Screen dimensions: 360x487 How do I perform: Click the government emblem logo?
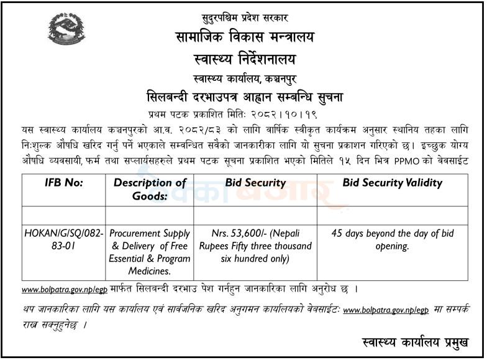point(66,29)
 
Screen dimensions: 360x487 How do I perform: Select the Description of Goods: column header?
point(150,189)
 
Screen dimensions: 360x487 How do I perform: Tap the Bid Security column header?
point(255,183)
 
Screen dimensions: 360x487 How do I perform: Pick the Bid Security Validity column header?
point(392,183)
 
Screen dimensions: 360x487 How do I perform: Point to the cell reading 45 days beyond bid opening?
point(393,239)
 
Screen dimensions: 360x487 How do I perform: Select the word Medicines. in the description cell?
point(150,270)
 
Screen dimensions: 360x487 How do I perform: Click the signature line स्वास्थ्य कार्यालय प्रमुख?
point(414,341)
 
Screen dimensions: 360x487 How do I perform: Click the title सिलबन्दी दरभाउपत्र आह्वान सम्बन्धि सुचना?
point(244,98)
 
